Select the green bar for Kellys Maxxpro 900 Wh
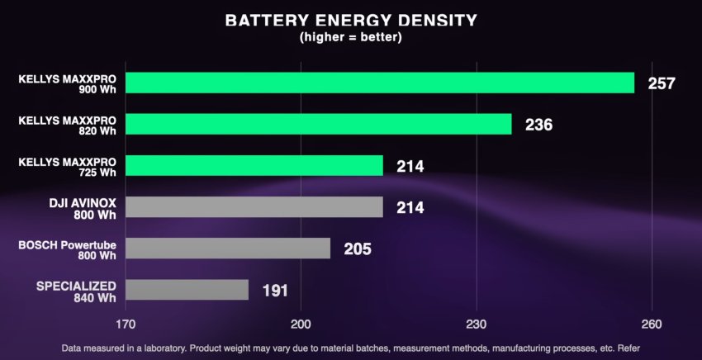coord(380,83)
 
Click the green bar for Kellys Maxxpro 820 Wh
coord(319,124)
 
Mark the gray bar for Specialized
coord(187,290)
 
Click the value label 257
coord(662,83)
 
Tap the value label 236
coord(538,125)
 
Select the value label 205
coord(358,249)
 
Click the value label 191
coord(276,291)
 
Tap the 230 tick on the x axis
coord(477,324)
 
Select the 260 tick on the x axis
coord(652,324)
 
